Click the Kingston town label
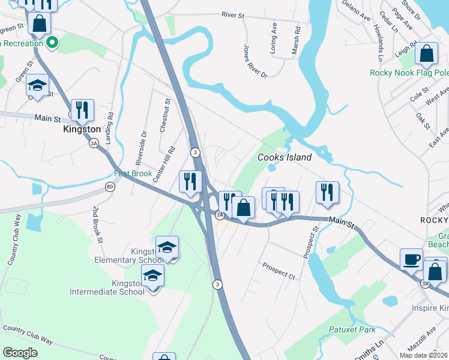click(82, 129)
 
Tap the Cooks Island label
click(285, 157)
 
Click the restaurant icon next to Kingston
click(83, 110)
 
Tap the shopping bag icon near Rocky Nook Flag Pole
click(426, 54)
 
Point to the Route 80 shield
click(109, 187)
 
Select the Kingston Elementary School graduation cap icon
click(167, 247)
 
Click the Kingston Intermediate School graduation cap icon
click(153, 276)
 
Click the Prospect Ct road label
click(279, 270)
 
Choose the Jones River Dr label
click(255, 60)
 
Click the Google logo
click(20, 353)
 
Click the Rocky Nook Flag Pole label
click(409, 73)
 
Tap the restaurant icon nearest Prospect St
click(327, 192)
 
